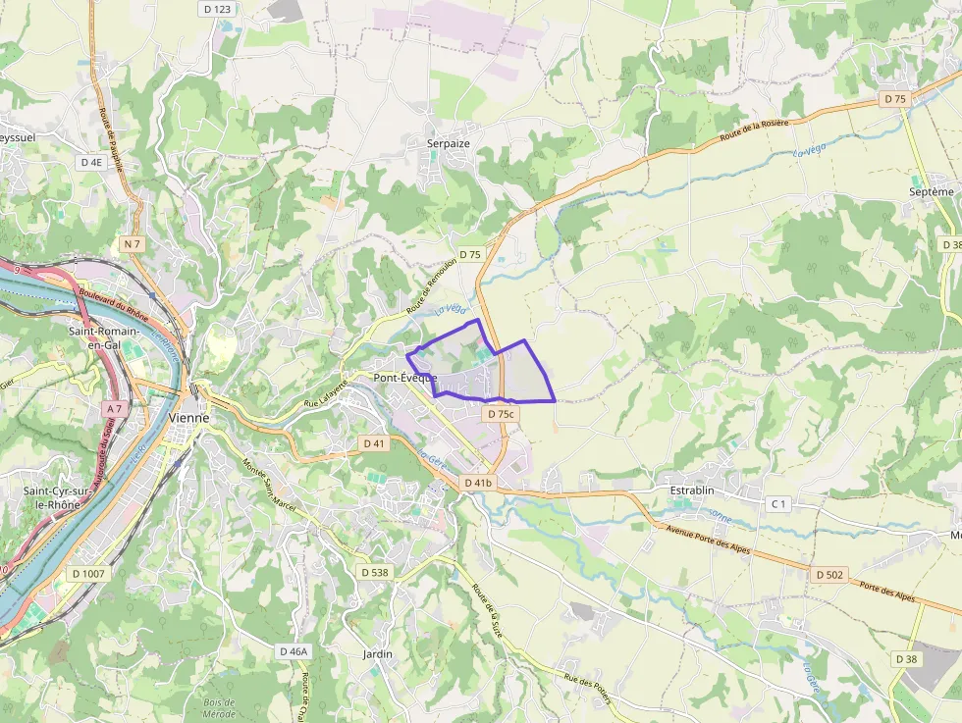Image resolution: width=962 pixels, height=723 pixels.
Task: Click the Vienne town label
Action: click(188, 417)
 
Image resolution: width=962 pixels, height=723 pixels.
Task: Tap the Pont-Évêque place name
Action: click(404, 378)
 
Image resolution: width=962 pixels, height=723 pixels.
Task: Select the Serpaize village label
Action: click(449, 143)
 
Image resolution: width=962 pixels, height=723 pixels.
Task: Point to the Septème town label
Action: click(931, 192)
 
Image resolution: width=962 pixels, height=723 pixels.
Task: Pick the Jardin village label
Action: click(378, 653)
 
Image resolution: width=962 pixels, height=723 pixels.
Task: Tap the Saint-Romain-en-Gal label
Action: click(103, 337)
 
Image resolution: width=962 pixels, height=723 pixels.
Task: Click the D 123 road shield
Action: click(217, 9)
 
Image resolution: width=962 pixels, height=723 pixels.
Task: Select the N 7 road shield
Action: click(133, 242)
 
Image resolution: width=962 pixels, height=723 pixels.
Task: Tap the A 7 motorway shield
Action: click(114, 408)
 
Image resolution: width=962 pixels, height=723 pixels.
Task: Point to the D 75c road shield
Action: click(500, 414)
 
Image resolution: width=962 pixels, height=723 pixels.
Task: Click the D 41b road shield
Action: click(478, 483)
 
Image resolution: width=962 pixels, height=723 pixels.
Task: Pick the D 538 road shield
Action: click(375, 572)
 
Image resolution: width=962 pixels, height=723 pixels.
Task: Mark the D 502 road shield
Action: click(828, 574)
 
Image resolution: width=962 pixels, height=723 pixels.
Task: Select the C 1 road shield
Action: click(778, 504)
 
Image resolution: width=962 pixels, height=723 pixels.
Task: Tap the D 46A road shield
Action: click(293, 651)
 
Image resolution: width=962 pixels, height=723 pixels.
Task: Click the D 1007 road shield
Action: click(89, 573)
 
